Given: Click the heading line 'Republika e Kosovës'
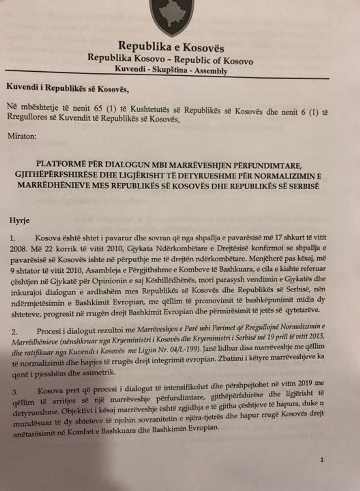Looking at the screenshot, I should (171, 47).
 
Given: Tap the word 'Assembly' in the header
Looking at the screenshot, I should (211, 71).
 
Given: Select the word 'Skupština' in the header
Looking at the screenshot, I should (170, 69).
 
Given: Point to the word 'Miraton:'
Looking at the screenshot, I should (22, 136).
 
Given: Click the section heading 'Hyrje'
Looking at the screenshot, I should (19, 221).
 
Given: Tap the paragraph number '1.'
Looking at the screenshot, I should (12, 239).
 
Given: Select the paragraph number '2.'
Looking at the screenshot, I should (14, 332).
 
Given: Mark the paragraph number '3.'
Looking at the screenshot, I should (15, 392).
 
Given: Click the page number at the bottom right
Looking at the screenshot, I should (322, 459).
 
